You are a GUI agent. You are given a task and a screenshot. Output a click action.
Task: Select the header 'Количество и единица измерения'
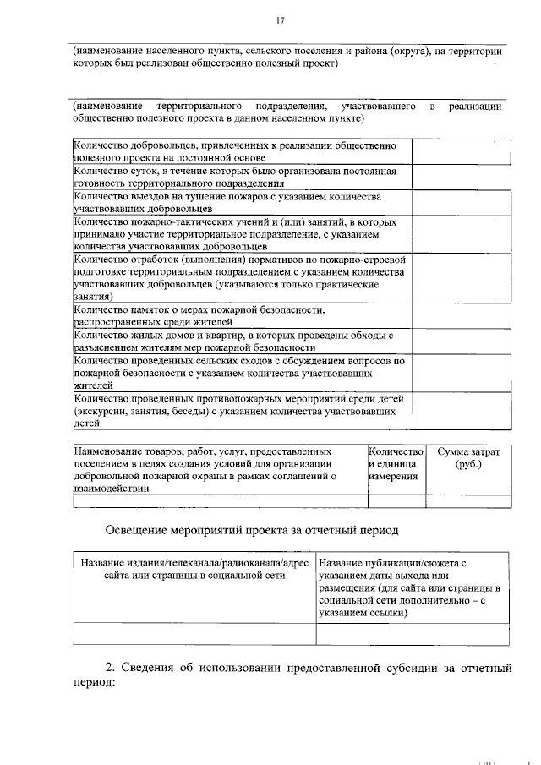pos(396,465)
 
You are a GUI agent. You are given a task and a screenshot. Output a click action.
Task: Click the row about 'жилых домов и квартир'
pos(242,342)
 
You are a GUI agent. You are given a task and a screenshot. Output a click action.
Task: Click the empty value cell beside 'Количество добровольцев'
pos(461,151)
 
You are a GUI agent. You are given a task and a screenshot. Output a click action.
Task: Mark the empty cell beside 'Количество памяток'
pos(461,316)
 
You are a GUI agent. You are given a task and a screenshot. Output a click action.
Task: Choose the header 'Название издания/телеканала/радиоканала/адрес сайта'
pos(194,569)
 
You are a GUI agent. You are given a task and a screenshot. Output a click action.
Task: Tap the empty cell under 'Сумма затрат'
pos(467,500)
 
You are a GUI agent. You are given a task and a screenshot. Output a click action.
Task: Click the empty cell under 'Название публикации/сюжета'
pos(411,634)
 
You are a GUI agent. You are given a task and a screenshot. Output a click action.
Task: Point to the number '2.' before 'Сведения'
pos(111,669)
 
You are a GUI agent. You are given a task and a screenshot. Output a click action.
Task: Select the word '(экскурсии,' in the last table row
pos(102,412)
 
